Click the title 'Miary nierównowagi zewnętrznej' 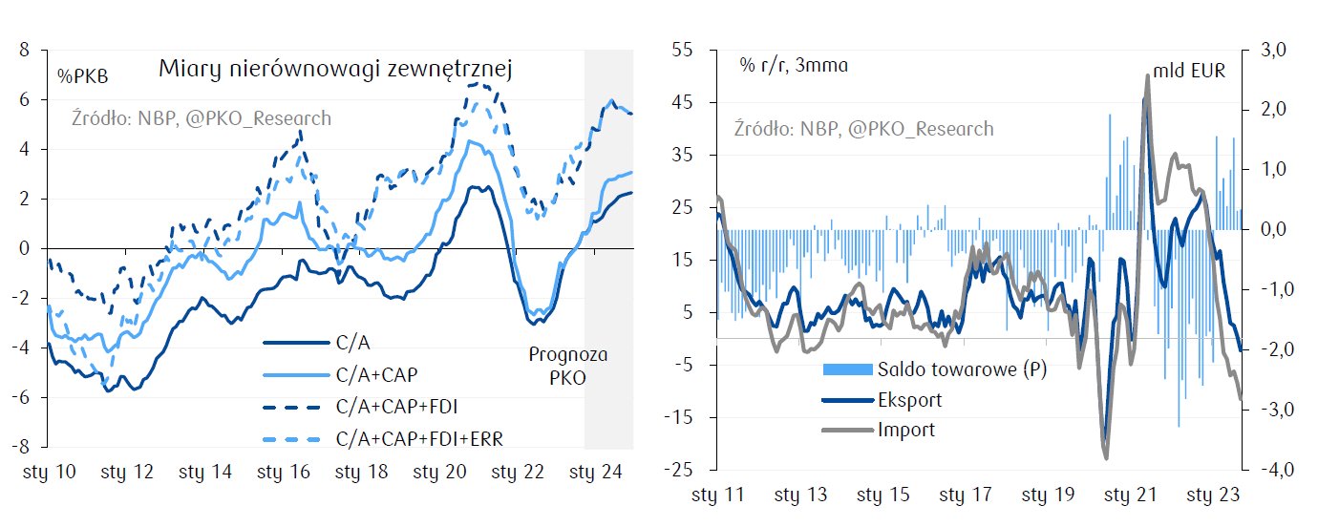click(x=337, y=69)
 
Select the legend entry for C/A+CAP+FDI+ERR click(x=420, y=438)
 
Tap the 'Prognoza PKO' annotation click(x=568, y=365)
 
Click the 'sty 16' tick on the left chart click(x=284, y=472)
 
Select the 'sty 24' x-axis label click(x=596, y=472)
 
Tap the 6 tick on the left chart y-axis click(x=32, y=99)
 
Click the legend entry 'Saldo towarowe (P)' click(x=962, y=369)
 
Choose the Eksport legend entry click(x=909, y=400)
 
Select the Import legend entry click(x=906, y=430)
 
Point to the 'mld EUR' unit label click(x=1189, y=71)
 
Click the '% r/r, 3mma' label click(x=794, y=66)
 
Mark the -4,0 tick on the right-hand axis click(x=1273, y=470)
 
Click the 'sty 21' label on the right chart click(x=1132, y=495)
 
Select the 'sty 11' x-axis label click(x=717, y=495)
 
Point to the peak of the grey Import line click(x=1146, y=76)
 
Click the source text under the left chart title click(x=202, y=118)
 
